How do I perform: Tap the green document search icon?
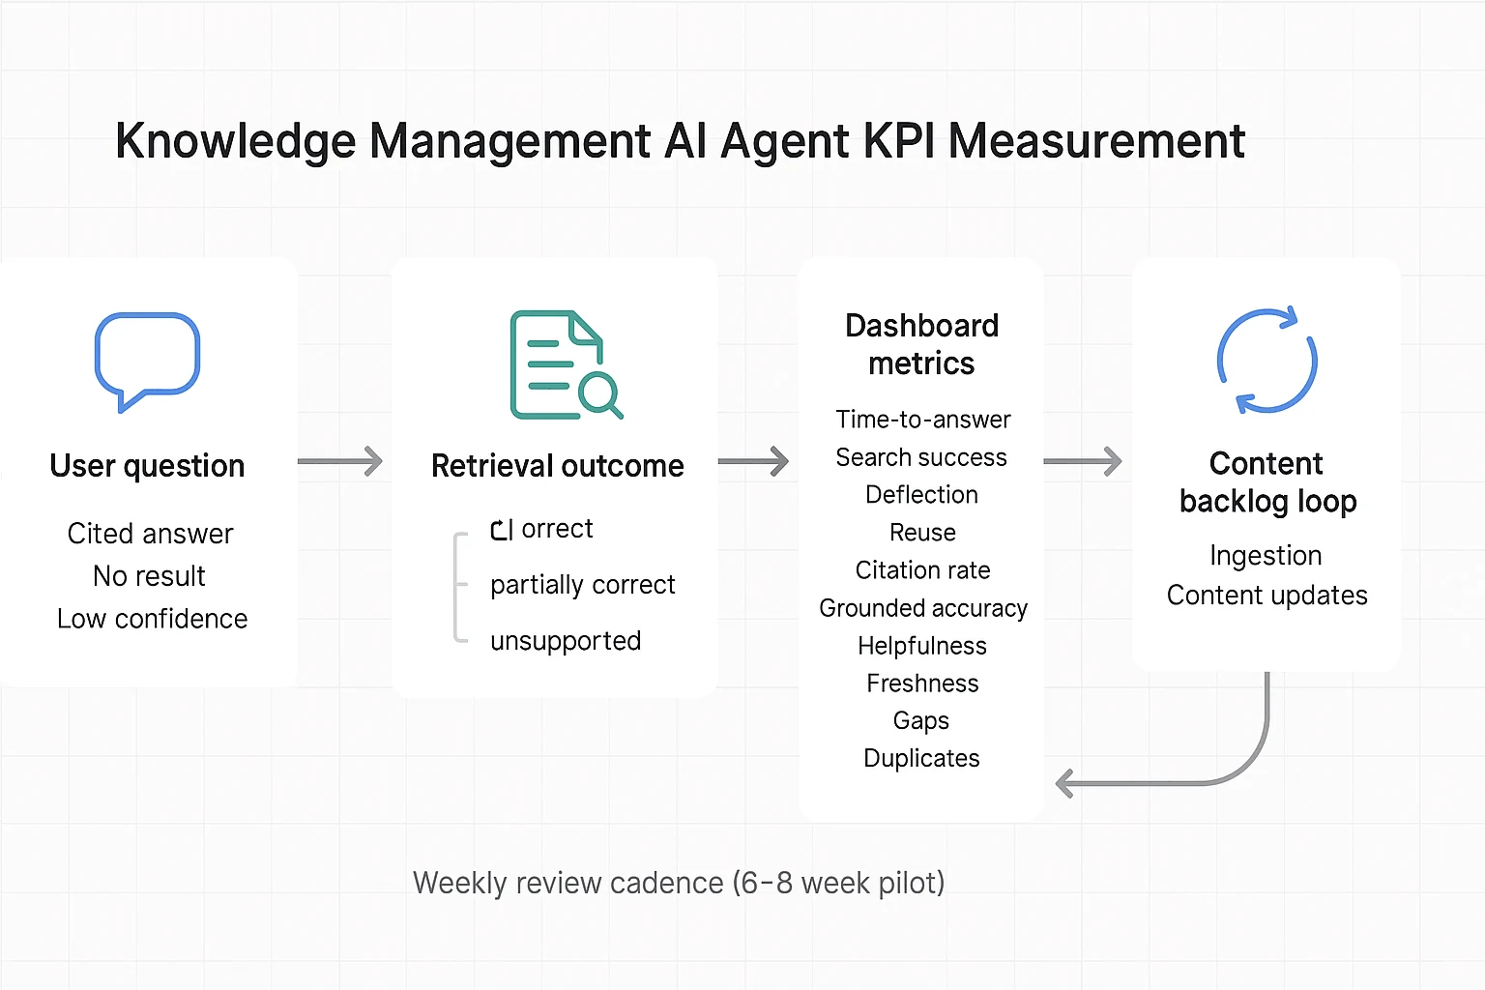coord(565,364)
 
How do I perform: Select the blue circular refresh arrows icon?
coord(1267,361)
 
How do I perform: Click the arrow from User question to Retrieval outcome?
coord(340,461)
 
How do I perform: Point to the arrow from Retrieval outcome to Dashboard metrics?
coord(753,461)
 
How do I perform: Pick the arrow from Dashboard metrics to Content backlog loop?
coord(1083,461)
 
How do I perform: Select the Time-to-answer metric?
coord(922,420)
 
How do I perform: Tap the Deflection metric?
coord(921,495)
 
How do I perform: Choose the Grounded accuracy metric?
coord(922,608)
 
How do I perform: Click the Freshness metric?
coord(922,684)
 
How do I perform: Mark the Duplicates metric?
coord(921,759)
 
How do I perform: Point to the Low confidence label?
coord(152,619)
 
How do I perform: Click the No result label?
coord(149,576)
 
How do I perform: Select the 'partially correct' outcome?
coord(582,585)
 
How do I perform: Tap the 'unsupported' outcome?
coord(566,641)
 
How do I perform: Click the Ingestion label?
coord(1266,556)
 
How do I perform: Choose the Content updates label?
coord(1267,596)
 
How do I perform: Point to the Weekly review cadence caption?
coord(679,883)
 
